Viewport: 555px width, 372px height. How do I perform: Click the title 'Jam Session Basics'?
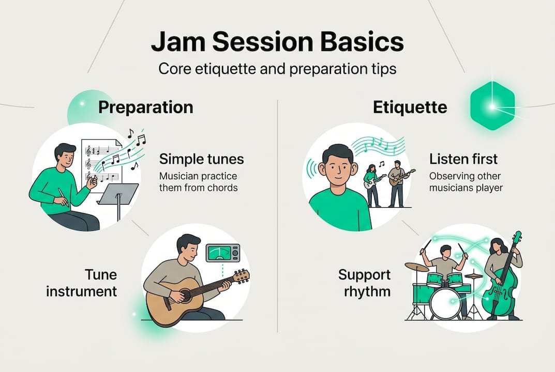(x=277, y=42)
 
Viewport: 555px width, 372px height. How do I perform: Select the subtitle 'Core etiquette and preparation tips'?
(x=277, y=69)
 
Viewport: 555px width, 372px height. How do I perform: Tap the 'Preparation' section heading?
(x=146, y=107)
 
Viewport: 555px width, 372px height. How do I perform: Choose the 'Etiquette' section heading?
(x=410, y=107)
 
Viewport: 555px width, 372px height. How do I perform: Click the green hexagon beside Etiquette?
(x=492, y=105)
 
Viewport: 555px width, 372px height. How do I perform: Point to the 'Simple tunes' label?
(x=201, y=159)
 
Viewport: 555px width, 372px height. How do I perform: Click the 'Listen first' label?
(x=463, y=159)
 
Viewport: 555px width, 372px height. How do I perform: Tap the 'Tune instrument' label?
(x=82, y=283)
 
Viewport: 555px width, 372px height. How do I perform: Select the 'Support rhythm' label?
(x=365, y=283)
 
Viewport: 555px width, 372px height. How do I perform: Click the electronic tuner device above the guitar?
(x=223, y=253)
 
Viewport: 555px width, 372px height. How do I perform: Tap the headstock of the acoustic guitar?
(x=242, y=276)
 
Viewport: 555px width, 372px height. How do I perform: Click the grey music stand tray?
(x=118, y=194)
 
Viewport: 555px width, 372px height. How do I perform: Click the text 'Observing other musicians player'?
(x=466, y=182)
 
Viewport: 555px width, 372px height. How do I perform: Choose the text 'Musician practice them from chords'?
(x=198, y=182)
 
